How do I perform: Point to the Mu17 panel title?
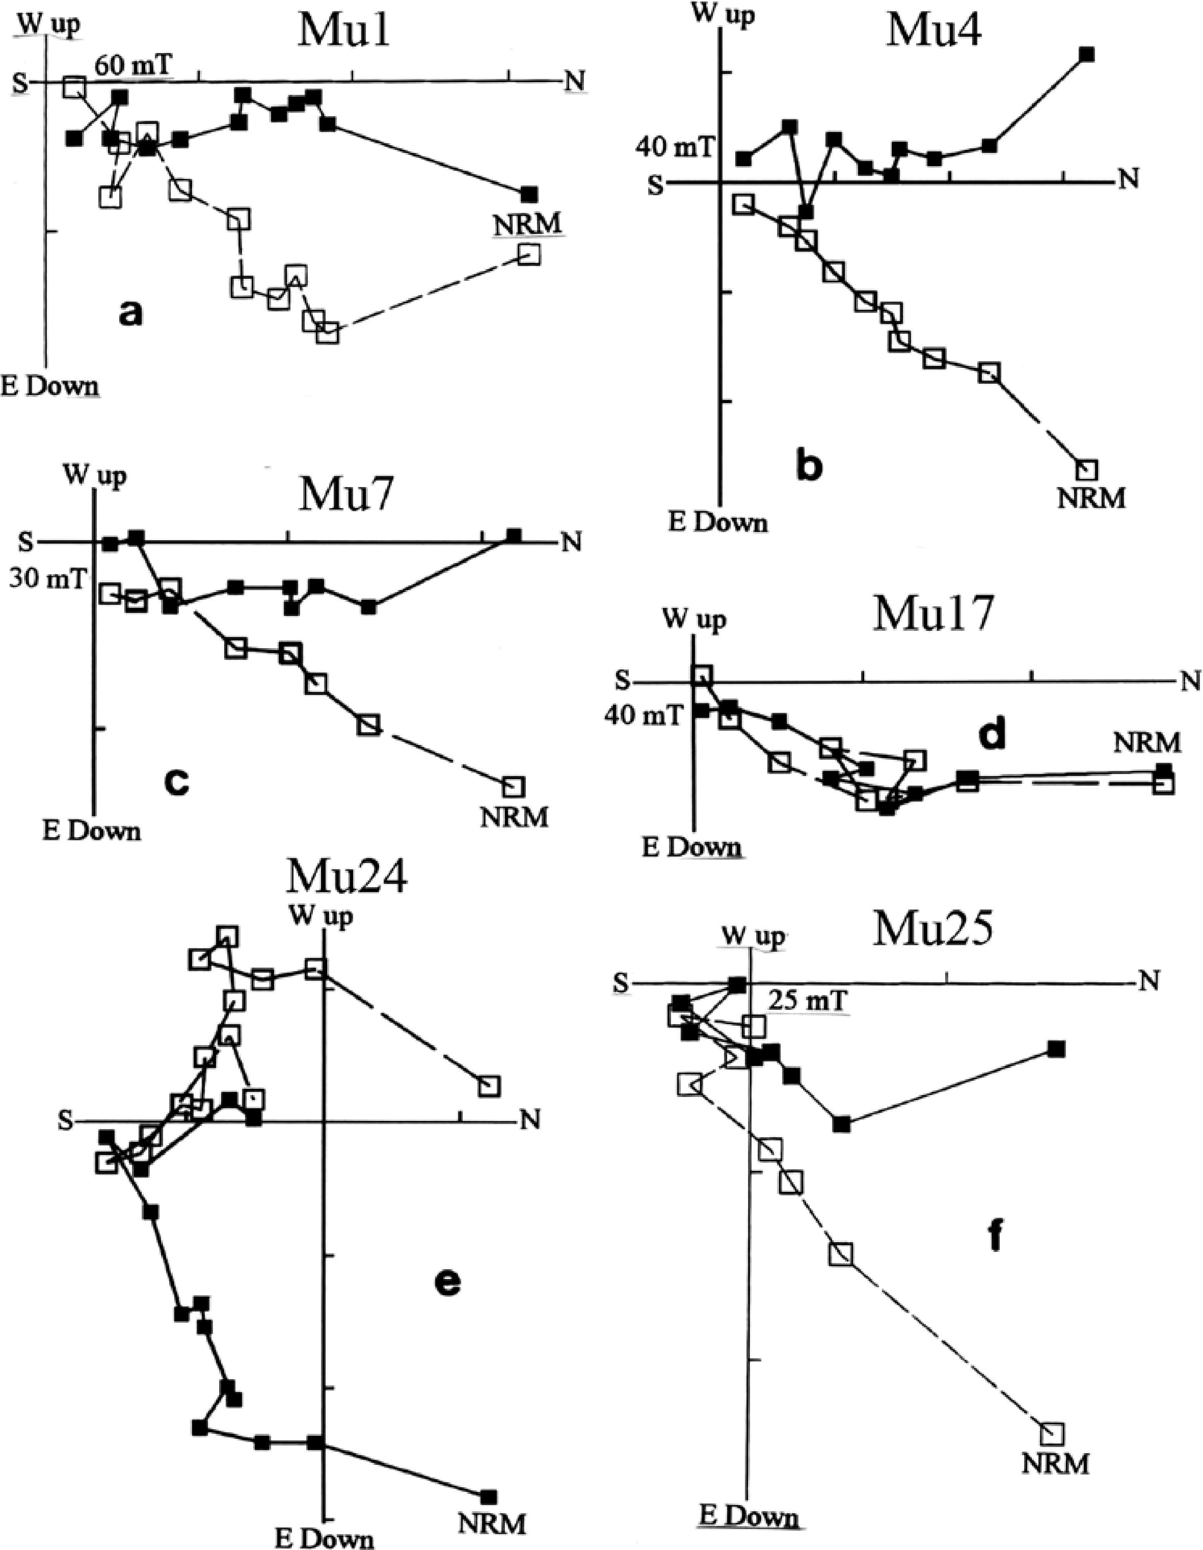pyautogui.click(x=932, y=613)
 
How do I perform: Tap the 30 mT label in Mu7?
pyautogui.click(x=47, y=580)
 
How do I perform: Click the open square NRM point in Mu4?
pyautogui.click(x=1086, y=469)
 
